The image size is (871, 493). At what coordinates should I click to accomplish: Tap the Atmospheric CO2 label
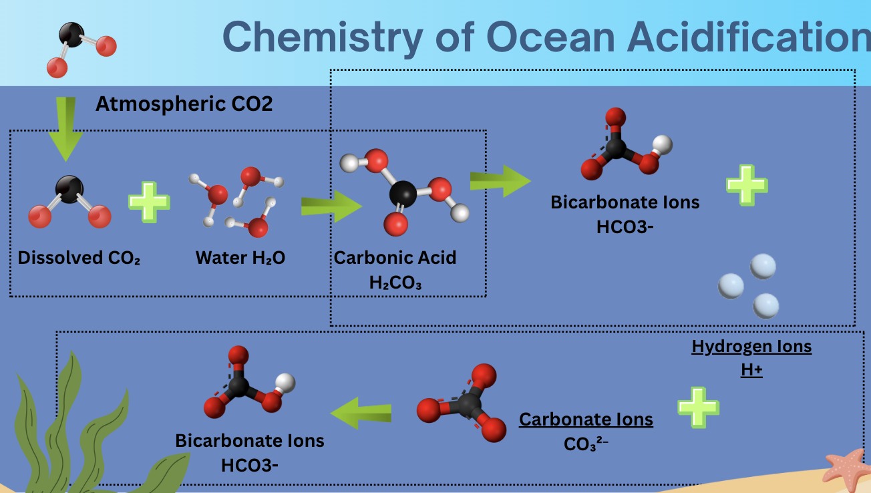coord(184,104)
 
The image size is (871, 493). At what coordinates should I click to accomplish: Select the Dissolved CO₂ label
coord(79,258)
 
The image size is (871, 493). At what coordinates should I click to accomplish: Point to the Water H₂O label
coord(240,258)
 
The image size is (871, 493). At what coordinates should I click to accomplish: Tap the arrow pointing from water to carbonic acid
coord(331,207)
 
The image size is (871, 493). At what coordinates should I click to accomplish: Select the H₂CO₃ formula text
coord(395,283)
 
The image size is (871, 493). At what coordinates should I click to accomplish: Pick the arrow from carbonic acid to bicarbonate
coord(500,181)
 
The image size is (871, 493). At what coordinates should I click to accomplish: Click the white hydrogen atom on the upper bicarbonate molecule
coord(662,144)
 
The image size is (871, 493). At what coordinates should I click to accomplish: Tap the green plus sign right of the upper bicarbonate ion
coord(746,184)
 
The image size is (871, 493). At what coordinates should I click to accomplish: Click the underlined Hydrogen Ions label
coord(751,347)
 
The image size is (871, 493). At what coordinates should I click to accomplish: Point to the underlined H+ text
coord(751,369)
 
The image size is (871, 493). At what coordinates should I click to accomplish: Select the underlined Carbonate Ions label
coord(586,420)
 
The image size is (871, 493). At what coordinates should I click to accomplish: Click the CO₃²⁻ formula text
coord(586,443)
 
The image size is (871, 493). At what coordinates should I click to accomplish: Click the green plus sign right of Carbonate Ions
coord(698,406)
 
